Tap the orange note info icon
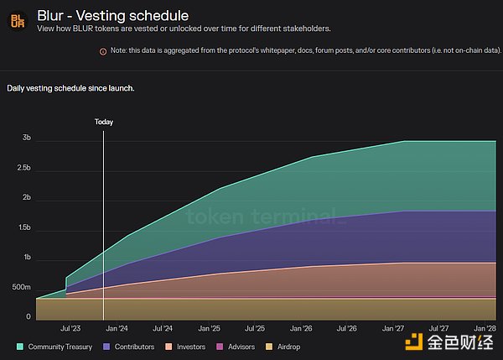[103, 51]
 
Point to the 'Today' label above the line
[103, 122]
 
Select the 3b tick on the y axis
[26, 138]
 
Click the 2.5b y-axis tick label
[23, 168]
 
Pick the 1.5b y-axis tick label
[23, 227]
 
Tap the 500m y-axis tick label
[22, 288]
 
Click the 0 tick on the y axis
[29, 317]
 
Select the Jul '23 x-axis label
[70, 329]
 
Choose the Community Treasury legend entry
[54, 347]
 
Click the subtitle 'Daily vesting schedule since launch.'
[70, 88]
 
